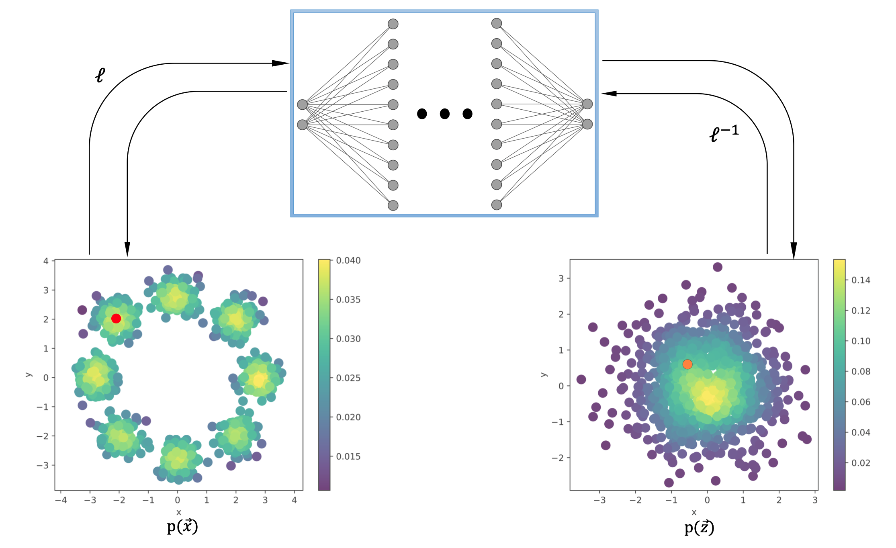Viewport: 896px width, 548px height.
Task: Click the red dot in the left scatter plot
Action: pos(116,319)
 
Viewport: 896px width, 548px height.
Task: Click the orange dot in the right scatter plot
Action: pos(687,364)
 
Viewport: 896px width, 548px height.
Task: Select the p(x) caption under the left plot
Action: pos(182,527)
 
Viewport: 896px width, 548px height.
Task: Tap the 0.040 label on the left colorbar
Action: pos(348,260)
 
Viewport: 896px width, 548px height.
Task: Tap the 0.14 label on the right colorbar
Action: pos(861,280)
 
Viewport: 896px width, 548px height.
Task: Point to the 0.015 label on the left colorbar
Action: pos(348,456)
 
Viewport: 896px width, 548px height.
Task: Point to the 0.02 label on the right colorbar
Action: pos(861,463)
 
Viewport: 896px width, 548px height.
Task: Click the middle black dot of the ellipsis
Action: pos(444,114)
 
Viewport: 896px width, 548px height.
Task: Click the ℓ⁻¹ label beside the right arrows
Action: pos(724,133)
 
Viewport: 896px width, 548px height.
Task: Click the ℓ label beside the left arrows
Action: pos(100,75)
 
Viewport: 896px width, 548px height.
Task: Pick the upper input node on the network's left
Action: pos(302,105)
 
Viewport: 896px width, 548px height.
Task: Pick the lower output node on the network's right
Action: pos(587,124)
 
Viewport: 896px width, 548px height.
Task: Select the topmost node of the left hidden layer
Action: pos(393,24)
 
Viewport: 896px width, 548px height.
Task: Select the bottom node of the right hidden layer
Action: pos(497,205)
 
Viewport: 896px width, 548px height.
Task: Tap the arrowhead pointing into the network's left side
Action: pos(281,63)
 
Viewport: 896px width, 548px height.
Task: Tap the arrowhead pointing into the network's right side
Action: pos(609,94)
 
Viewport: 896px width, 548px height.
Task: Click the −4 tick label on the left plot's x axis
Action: pos(61,500)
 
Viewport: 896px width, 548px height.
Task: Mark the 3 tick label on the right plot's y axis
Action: pos(561,278)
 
